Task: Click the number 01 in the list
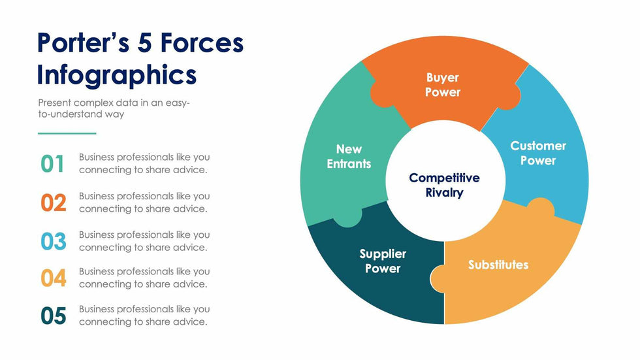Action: point(53,164)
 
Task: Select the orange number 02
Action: point(54,203)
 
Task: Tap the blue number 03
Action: point(54,241)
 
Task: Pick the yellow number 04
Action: point(54,278)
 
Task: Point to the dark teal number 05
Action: point(54,316)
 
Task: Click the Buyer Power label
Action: point(443,86)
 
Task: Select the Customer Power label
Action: point(537,153)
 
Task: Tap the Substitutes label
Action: point(498,265)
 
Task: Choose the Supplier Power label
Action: point(383,261)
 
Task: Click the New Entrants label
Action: point(349,157)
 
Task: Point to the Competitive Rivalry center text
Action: point(444,185)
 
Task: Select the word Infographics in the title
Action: point(117,74)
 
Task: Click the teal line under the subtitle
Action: point(67,133)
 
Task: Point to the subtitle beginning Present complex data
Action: point(114,108)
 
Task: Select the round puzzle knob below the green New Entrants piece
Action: point(347,218)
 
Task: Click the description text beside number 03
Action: point(144,241)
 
